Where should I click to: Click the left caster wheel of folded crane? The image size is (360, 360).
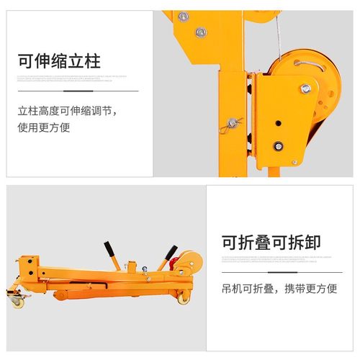(16, 301)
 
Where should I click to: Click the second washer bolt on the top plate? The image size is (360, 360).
(202, 32)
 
